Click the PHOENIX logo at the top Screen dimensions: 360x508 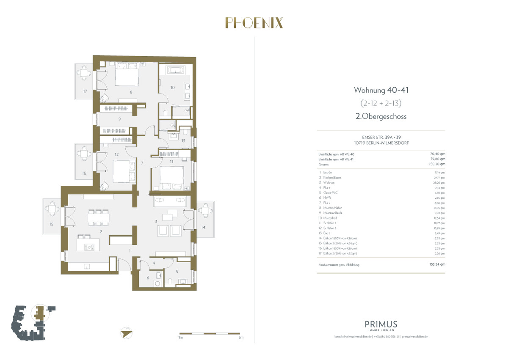click(x=254, y=22)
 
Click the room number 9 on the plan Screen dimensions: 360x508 click(x=120, y=119)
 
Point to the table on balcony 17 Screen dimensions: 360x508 click(x=84, y=74)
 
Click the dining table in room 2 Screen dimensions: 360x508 click(x=98, y=217)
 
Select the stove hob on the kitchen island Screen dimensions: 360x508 click(x=89, y=246)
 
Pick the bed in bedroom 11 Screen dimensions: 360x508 click(x=171, y=177)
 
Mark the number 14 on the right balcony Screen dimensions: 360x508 click(x=203, y=228)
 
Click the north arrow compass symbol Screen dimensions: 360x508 click(x=126, y=333)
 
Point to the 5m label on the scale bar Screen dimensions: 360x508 click(x=240, y=338)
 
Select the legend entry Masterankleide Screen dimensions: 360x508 click(x=333, y=213)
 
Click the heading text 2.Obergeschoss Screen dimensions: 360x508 click(x=381, y=116)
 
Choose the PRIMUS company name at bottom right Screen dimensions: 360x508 click(x=381, y=324)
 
